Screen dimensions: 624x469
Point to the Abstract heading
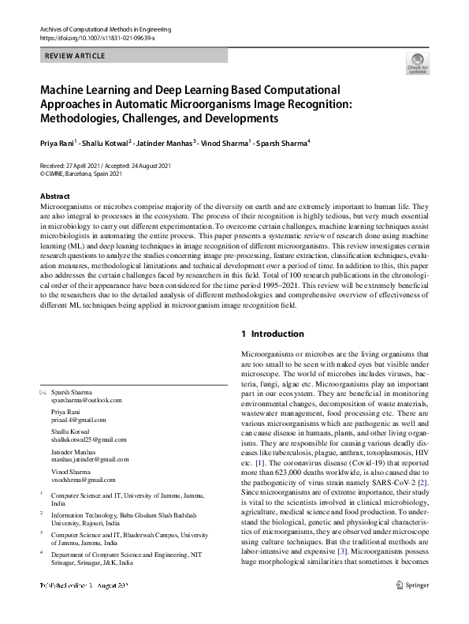(54, 196)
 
